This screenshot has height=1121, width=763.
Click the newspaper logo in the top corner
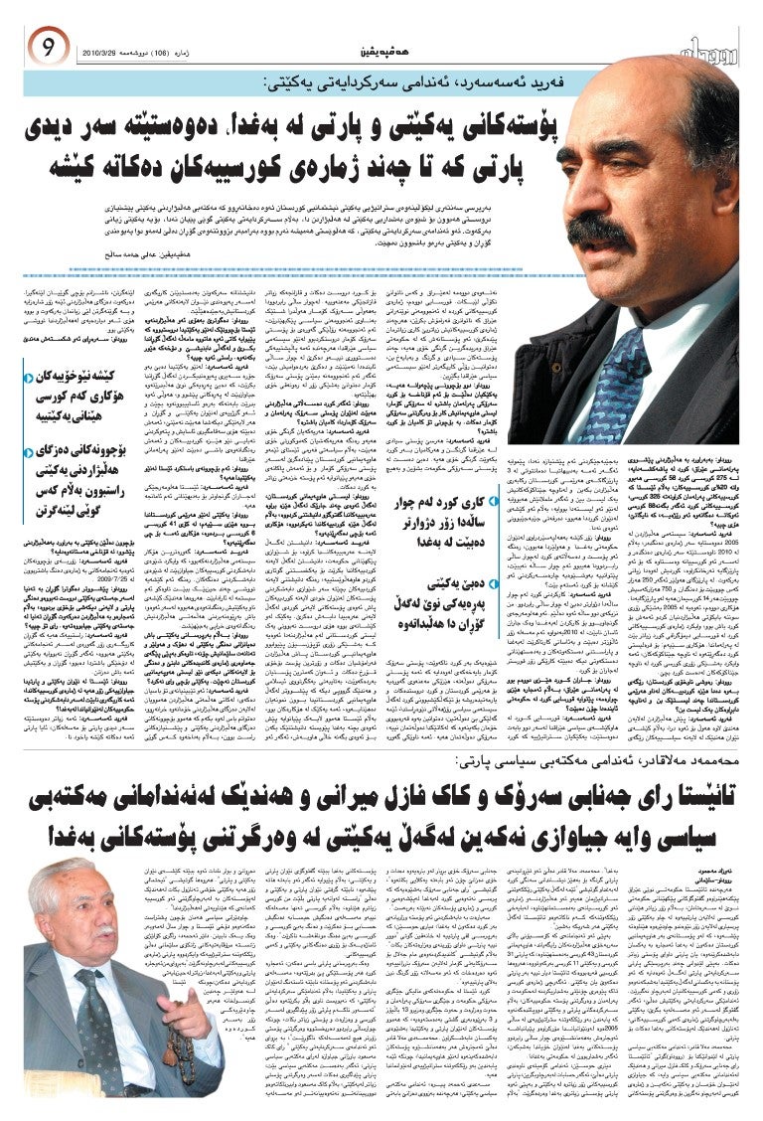(703, 47)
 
